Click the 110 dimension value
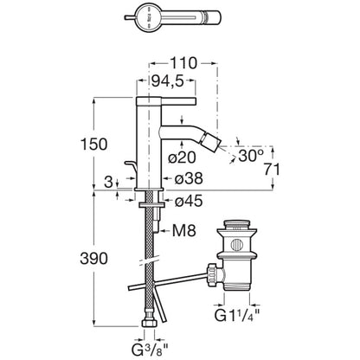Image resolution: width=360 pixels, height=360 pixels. (x=183, y=63)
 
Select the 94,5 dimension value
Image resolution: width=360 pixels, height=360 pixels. (x=167, y=81)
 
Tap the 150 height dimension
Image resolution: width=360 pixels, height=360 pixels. (x=93, y=144)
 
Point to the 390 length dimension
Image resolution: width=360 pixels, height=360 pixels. (x=93, y=259)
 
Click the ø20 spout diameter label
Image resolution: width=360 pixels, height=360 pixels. (x=182, y=157)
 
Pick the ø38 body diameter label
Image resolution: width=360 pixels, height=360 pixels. (x=189, y=179)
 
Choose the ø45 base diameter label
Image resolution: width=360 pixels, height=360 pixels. (x=189, y=201)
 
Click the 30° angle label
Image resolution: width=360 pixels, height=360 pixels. (x=251, y=156)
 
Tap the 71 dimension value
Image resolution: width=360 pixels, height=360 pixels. (x=272, y=170)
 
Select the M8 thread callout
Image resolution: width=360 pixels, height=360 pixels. (x=184, y=230)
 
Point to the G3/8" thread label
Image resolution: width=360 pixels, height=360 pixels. (x=150, y=350)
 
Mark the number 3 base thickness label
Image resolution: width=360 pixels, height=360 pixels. (x=108, y=182)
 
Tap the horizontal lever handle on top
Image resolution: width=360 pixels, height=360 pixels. (x=166, y=101)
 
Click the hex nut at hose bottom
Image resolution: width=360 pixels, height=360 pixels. (x=150, y=322)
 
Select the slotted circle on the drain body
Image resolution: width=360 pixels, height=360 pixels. (x=237, y=245)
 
